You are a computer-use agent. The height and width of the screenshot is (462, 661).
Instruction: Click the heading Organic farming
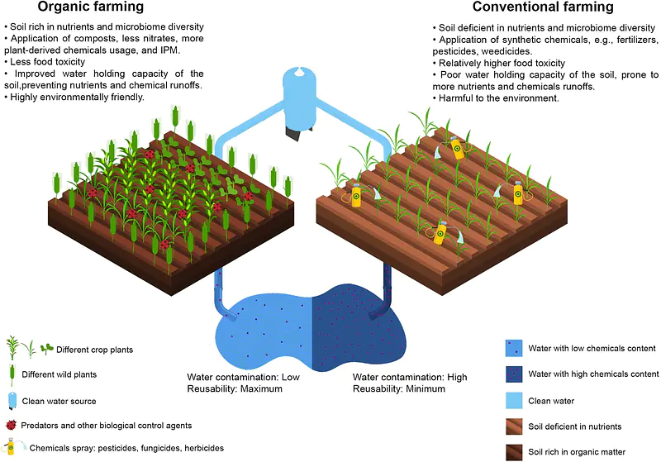91,7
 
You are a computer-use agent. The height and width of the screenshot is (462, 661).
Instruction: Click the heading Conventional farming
543,7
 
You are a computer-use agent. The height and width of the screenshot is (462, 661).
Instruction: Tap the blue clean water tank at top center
299,101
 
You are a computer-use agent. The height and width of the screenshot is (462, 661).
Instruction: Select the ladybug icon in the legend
11,425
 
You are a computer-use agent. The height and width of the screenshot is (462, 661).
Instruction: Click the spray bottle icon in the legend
12,447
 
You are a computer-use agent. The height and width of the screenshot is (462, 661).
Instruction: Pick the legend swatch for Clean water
514,401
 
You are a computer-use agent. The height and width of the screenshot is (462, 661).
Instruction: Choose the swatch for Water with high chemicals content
514,374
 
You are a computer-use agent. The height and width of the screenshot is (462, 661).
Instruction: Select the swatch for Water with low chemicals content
514,349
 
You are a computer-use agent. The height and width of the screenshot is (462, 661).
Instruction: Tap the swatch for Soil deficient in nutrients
514,426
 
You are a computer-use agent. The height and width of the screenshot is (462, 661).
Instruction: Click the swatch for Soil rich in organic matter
514,452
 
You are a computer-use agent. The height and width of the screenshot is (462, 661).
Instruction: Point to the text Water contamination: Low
243,377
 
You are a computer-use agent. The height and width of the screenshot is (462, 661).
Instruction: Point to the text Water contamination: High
410,377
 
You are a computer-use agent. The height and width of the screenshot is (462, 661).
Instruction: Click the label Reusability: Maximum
235,388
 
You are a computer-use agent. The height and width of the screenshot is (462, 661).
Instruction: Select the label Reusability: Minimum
399,388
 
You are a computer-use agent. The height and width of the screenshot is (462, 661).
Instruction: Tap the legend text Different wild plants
59,374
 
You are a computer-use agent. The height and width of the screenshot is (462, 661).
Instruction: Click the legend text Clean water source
59,402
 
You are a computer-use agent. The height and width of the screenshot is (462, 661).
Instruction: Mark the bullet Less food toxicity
45,61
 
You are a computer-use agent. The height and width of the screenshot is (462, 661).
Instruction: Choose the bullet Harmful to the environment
496,98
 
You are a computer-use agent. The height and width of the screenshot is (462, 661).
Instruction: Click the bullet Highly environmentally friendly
74,97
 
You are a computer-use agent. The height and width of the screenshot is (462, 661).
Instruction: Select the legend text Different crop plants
94,350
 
